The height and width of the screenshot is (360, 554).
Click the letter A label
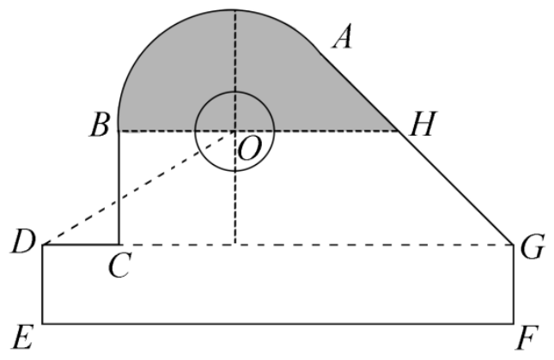click(343, 36)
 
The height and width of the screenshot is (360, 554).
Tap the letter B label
click(100, 125)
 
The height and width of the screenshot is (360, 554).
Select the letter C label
click(119, 265)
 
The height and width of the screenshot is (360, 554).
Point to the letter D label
click(23, 241)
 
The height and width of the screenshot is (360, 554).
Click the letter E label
click(23, 337)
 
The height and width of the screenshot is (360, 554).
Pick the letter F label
click(527, 338)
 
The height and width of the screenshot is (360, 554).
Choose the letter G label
click(532, 247)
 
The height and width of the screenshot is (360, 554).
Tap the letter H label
click(423, 124)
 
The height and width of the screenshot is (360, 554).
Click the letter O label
click(250, 149)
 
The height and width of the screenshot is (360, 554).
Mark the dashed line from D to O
click(138, 188)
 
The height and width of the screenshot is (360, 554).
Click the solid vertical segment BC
click(119, 188)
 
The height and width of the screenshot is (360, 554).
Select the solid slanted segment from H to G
click(456, 188)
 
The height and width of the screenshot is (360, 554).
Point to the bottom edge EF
click(278, 323)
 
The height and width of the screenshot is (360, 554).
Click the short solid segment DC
click(81, 244)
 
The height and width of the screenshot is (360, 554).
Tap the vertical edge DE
click(43, 284)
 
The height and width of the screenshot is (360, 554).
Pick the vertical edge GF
click(514, 284)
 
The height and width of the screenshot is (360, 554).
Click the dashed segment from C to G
click(316, 244)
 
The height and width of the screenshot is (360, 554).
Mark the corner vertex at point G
click(514, 244)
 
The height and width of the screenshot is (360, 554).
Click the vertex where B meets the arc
click(119, 131)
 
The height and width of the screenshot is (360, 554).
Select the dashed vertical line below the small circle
click(235, 207)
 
